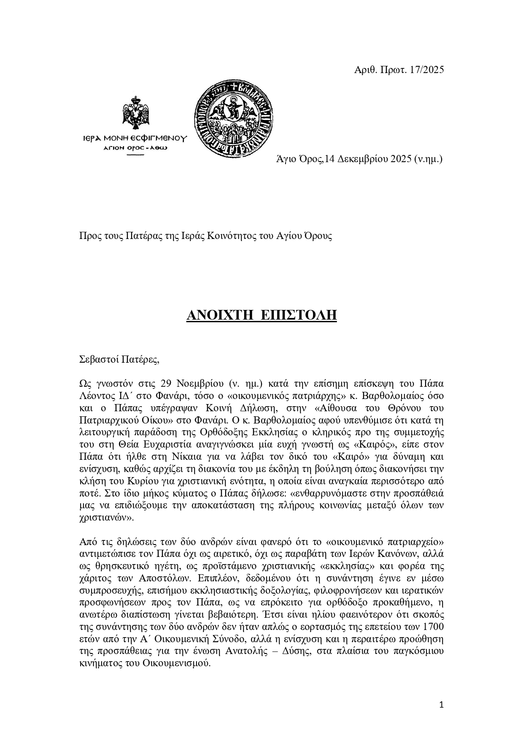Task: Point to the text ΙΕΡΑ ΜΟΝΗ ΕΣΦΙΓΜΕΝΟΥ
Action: [135, 138]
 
